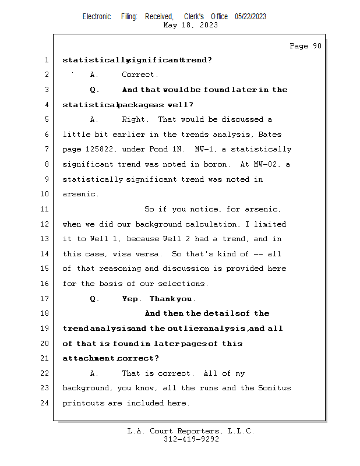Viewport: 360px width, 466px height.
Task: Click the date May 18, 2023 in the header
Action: tap(191, 25)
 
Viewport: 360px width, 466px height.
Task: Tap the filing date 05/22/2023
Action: tap(250, 16)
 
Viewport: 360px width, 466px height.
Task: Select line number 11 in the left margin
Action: tap(46, 209)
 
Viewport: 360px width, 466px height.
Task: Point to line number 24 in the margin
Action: tap(46, 403)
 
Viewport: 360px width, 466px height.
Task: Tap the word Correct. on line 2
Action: tap(140, 75)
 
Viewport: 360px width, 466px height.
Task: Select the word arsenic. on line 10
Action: tap(80, 194)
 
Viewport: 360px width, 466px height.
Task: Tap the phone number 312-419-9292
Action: tap(191, 439)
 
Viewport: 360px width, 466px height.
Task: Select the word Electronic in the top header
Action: tap(97, 16)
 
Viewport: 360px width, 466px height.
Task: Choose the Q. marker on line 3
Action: tap(95, 90)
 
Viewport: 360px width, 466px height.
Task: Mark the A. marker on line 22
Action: tap(94, 373)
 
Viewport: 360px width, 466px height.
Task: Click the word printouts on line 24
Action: tap(83, 403)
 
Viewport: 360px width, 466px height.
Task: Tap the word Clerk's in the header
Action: tap(194, 16)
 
